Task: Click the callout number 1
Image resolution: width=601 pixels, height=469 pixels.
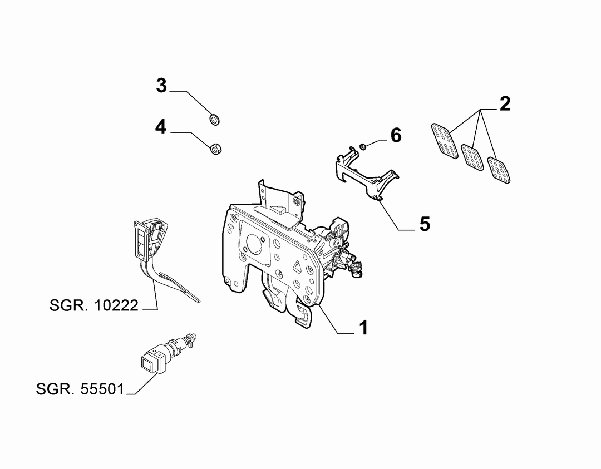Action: [363, 328]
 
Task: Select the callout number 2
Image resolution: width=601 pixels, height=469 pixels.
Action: [505, 104]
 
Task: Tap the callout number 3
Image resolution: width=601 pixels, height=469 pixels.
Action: [162, 86]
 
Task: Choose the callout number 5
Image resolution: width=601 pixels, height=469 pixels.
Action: [425, 224]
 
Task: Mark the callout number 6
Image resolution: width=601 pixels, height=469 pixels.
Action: [396, 135]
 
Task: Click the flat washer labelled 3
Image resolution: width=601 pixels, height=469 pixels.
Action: [215, 119]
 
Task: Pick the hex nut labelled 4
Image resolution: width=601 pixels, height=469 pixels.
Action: [216, 149]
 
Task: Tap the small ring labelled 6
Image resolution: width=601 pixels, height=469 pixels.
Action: [362, 146]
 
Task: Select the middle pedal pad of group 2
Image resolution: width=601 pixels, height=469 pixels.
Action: [472, 158]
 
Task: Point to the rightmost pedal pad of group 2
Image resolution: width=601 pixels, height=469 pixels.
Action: [499, 170]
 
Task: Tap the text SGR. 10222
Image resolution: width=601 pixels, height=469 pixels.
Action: [94, 305]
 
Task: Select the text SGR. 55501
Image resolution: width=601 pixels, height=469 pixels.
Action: [80, 389]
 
